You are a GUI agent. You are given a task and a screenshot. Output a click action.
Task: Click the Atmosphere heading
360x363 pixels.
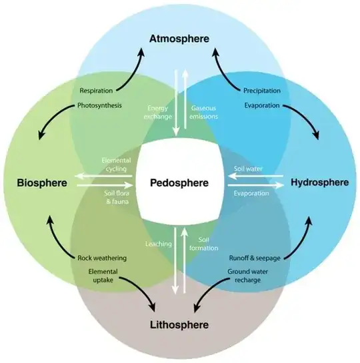pos(179,39)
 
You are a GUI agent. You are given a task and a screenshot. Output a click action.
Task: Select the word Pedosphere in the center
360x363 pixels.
pos(179,183)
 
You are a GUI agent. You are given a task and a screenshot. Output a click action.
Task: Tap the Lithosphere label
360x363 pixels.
pos(179,324)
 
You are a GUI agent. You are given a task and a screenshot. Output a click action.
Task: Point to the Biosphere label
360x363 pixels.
pos(42,183)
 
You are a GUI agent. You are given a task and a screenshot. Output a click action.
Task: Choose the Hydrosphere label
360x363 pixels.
pos(320,182)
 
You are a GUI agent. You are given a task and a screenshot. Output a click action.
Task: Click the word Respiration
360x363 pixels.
pos(96,91)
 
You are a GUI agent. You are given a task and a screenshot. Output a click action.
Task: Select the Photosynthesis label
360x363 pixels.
pos(99,105)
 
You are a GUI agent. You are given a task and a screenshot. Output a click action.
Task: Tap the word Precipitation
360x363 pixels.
pos(262,91)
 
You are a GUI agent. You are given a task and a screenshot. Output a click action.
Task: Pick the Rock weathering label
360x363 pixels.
pos(102,258)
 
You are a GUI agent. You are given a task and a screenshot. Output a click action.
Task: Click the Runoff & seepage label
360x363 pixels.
pos(255,258)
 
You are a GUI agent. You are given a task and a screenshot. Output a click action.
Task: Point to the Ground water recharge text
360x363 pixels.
pos(248,276)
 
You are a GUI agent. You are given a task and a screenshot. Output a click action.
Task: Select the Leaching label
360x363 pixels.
pos(159,244)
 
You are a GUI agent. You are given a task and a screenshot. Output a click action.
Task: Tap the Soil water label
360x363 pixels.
pos(248,169)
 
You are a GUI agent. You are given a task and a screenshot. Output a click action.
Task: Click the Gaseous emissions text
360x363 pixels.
pos(203,112)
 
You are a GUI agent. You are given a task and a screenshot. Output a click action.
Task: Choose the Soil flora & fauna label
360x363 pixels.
pos(117,198)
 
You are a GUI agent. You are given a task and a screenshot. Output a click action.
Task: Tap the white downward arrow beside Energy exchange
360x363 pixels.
pos(176,103)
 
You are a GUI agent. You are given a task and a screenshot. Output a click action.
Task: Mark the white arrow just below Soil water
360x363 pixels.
pos(255,177)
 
